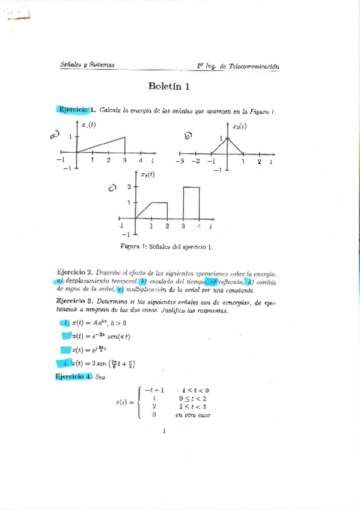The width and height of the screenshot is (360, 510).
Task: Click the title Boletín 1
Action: (x=169, y=86)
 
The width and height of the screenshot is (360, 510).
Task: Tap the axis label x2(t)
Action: (x=240, y=126)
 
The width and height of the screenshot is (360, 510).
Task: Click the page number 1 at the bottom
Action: (x=163, y=431)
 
